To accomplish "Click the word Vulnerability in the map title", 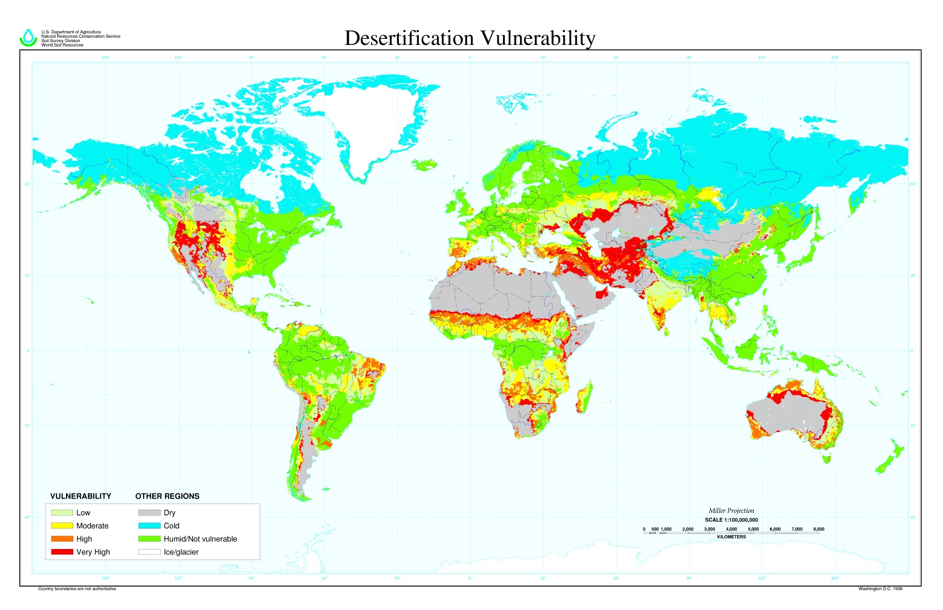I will [x=538, y=38].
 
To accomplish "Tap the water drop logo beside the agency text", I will [x=28, y=38].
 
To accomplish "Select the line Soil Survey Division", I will [x=60, y=40].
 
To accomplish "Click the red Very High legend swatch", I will [x=62, y=552].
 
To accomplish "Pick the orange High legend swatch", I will [x=62, y=538].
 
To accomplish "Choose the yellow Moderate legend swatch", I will [x=62, y=525].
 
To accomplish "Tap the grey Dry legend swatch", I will [x=149, y=512].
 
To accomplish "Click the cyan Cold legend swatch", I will [x=149, y=525].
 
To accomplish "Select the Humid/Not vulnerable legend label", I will [x=200, y=538].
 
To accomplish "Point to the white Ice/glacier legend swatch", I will [x=149, y=552].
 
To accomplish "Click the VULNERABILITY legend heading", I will [x=80, y=496].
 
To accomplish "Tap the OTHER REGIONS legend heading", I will [x=167, y=496].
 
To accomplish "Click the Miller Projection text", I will [x=731, y=511].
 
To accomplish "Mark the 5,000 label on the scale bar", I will [x=753, y=529].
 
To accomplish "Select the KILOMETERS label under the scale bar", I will [x=731, y=537].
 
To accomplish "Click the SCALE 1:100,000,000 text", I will [x=731, y=520].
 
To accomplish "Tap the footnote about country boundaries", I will [x=78, y=589].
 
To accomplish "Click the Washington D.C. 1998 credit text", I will [x=880, y=589].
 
